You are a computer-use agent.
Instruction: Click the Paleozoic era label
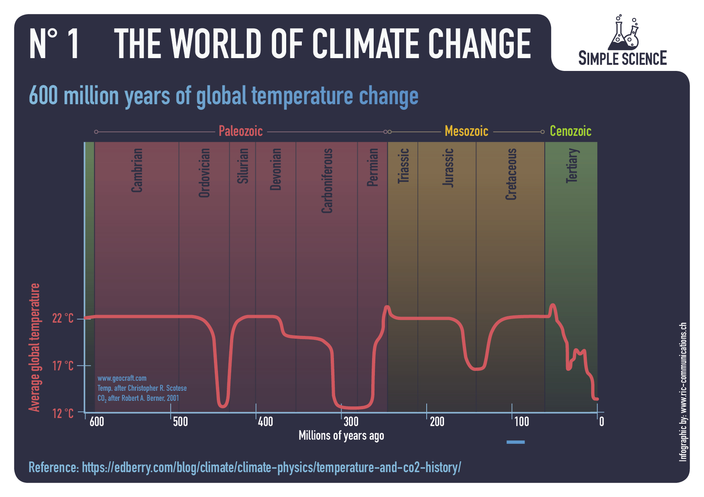(240, 131)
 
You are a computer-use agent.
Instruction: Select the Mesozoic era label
(466, 131)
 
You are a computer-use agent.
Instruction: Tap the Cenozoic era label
(570, 131)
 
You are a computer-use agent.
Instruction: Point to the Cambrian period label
(137, 170)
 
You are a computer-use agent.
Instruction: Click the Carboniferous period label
(327, 180)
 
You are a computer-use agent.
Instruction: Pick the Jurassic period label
(448, 168)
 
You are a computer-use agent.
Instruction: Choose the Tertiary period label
(572, 166)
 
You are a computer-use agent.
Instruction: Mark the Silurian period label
(243, 166)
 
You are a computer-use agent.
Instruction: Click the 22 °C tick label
(63, 318)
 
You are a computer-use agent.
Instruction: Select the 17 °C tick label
(63, 366)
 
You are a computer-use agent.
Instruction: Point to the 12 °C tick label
(63, 413)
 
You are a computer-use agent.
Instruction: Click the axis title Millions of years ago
(341, 436)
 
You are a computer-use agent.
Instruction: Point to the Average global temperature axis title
(35, 347)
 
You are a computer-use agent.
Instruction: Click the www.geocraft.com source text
(122, 378)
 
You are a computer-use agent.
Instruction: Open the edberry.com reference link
(271, 467)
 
